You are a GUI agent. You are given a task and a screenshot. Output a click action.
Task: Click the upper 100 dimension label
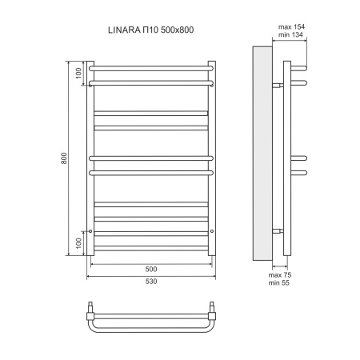pos(78,73)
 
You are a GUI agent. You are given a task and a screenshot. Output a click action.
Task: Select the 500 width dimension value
pos(150,268)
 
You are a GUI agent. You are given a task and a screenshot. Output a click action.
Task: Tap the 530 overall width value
pos(150,281)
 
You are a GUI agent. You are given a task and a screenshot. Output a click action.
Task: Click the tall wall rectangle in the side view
pos(261,153)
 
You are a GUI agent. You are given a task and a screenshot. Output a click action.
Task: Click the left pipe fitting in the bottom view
pos(90,308)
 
